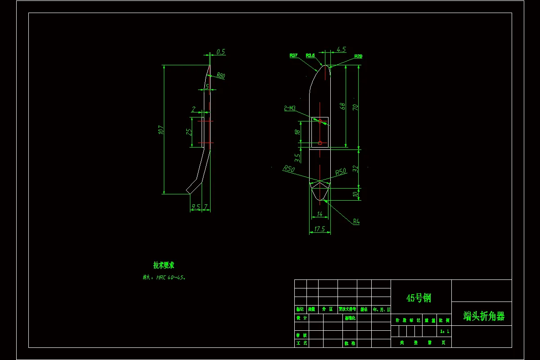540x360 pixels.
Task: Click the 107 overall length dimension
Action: point(161,130)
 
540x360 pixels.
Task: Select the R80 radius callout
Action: point(220,76)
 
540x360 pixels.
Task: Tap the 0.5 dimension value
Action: point(220,52)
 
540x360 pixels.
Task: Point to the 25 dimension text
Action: point(189,132)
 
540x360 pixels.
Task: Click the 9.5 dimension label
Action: point(196,207)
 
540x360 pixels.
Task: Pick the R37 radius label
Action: point(293,55)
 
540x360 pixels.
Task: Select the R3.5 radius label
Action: point(310,55)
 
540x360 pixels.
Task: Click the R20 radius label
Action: point(358,56)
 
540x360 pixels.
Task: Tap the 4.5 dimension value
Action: point(341,49)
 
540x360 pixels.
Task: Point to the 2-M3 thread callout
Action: point(290,108)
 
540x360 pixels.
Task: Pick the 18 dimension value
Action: point(297,132)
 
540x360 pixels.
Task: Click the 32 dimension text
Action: point(355,169)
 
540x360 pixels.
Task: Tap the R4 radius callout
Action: point(356,221)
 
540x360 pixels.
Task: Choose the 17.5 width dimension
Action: point(319,229)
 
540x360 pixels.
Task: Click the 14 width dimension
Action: point(320,214)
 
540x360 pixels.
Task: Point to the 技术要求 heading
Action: point(163,265)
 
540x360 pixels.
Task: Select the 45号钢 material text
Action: point(418,298)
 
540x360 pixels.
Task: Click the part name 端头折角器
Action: point(484,316)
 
